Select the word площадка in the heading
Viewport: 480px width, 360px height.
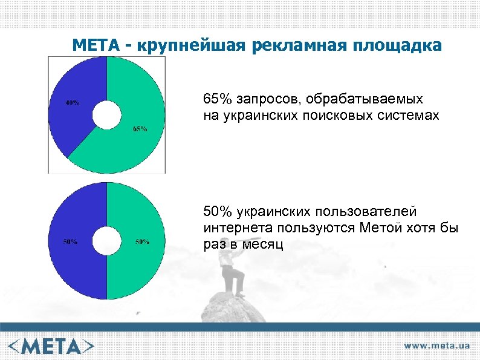pyautogui.click(x=398, y=45)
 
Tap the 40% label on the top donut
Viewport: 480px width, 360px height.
pyautogui.click(x=73, y=103)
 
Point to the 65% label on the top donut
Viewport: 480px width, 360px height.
pyautogui.click(x=140, y=129)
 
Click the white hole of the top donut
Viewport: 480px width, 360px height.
pyautogui.click(x=106, y=115)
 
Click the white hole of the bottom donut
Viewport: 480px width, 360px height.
pyautogui.click(x=106, y=241)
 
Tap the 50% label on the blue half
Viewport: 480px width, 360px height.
pyautogui.click(x=71, y=242)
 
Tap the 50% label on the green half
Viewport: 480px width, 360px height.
pyautogui.click(x=142, y=242)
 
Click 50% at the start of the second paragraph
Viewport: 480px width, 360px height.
pyautogui.click(x=216, y=212)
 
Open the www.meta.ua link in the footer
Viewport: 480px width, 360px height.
pyautogui.click(x=437, y=345)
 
